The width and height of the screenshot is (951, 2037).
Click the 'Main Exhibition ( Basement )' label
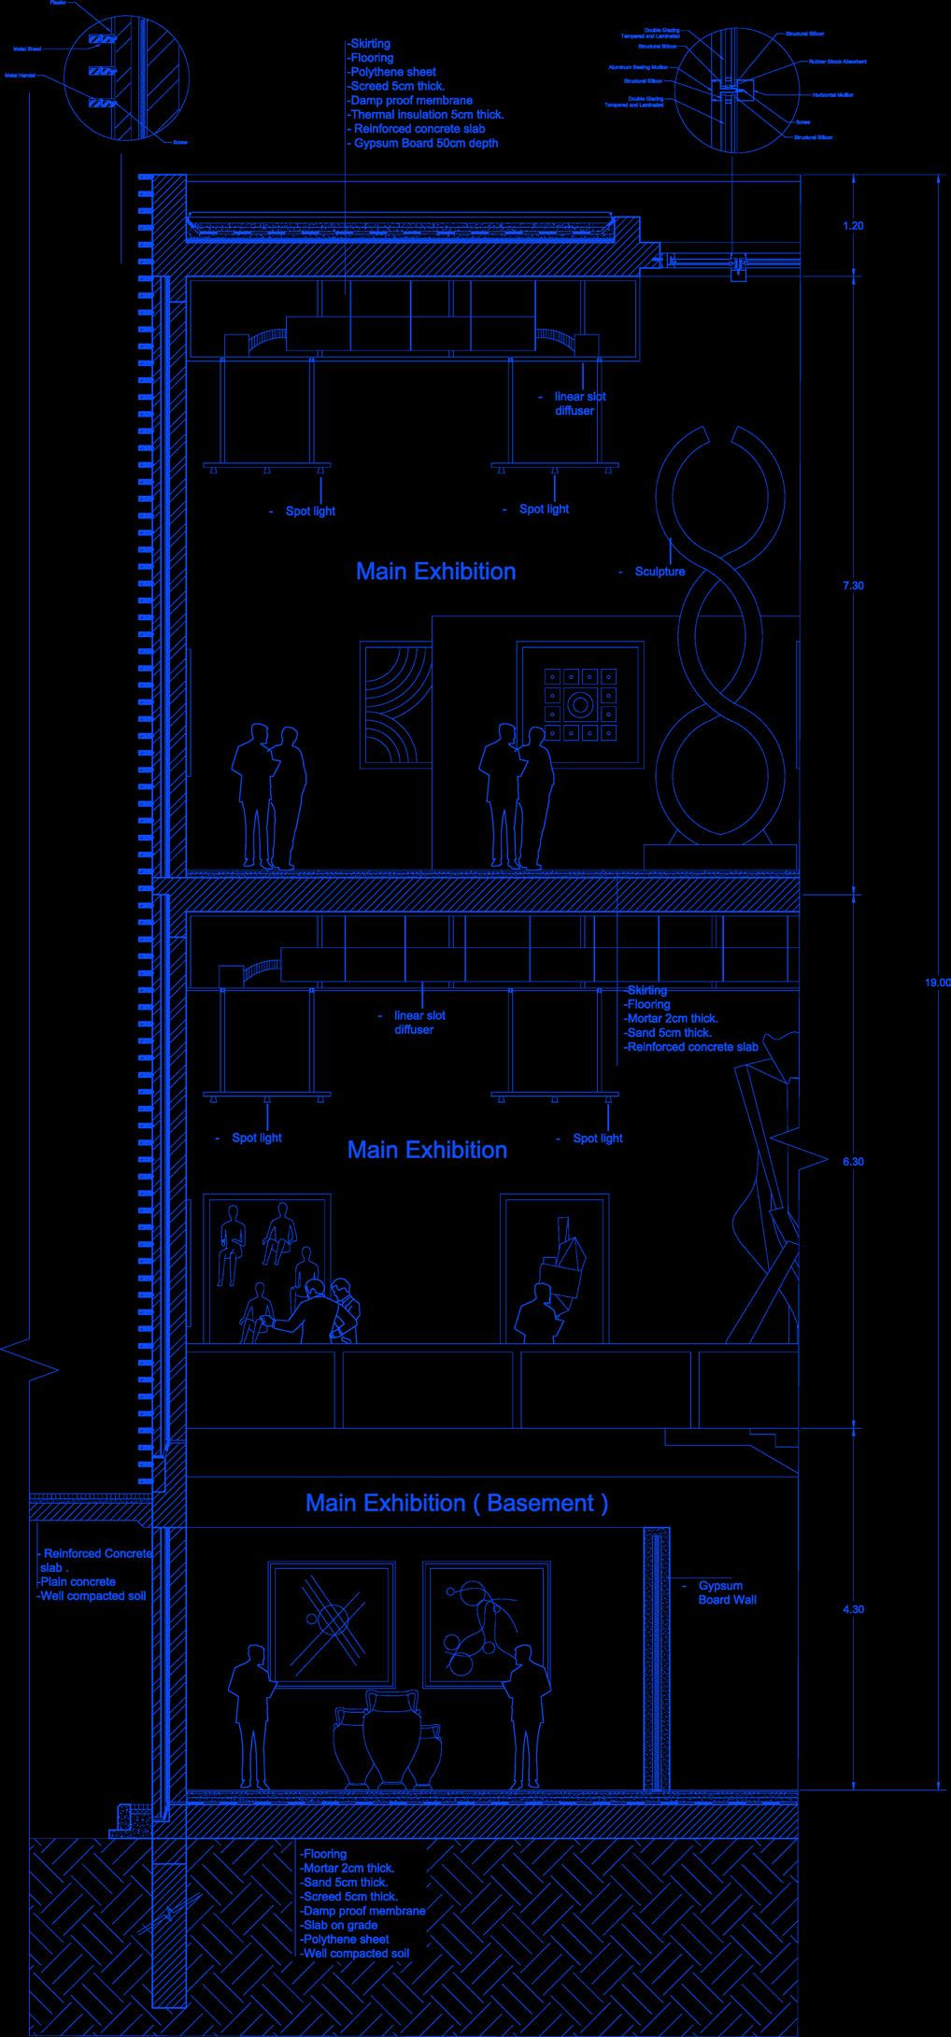tap(457, 1503)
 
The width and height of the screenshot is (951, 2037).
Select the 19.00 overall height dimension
tap(937, 982)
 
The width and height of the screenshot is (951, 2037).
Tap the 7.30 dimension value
tap(853, 586)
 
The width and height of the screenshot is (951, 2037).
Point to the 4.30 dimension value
tap(853, 1609)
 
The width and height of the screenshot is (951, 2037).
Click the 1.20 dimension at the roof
tap(853, 226)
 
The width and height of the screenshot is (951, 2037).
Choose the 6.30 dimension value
tap(853, 1162)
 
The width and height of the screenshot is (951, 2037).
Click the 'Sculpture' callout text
tap(660, 572)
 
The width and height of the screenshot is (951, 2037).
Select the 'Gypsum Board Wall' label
tap(727, 1592)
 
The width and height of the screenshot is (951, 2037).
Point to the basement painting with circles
tap(484, 1623)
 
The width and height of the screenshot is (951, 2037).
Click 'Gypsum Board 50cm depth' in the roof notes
tap(426, 144)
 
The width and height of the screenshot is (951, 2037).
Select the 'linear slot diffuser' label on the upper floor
tap(578, 403)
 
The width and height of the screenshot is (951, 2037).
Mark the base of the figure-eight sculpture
tap(719, 853)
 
